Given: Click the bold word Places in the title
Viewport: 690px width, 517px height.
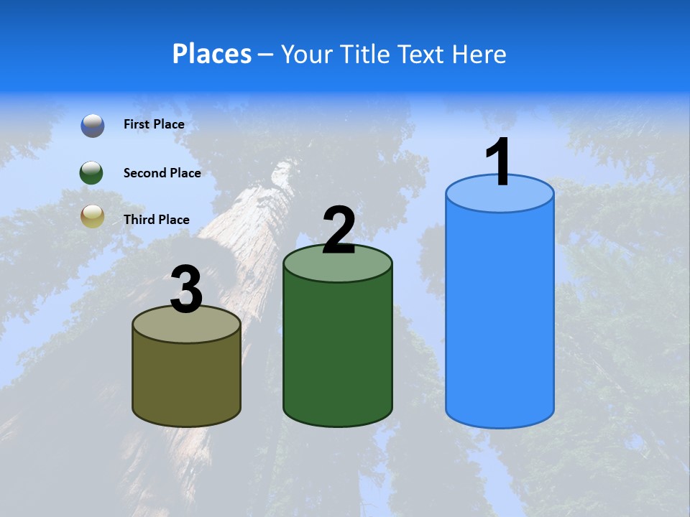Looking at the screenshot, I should [x=212, y=54].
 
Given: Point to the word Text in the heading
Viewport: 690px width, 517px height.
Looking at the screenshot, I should [x=421, y=54].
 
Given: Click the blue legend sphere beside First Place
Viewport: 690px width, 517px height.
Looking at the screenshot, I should [x=92, y=125].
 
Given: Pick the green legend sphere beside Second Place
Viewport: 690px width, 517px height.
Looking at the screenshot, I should [x=92, y=172].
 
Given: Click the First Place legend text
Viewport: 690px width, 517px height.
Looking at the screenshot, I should [x=154, y=124].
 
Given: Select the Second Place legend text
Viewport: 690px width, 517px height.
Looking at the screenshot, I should [x=162, y=172].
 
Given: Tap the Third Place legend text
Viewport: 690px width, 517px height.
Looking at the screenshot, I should [x=157, y=220].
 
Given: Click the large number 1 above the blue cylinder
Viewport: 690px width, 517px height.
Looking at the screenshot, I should [x=499, y=162].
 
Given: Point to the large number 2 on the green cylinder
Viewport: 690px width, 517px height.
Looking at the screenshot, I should [x=339, y=230].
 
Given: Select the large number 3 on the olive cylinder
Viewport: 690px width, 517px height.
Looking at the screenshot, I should [x=186, y=289].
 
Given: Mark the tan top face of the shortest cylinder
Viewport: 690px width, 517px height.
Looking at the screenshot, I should [x=186, y=327].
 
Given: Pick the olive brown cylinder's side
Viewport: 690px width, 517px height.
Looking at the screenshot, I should [x=186, y=381].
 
